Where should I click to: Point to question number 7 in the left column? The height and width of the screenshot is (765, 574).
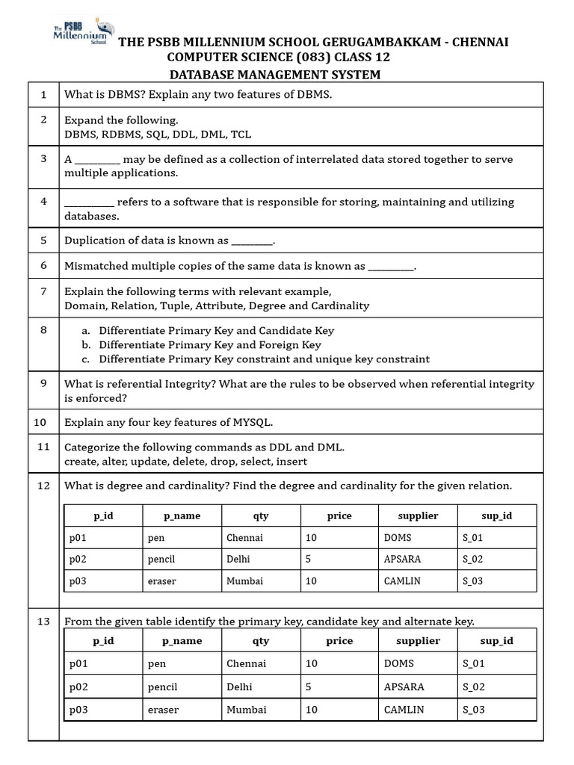point(43,291)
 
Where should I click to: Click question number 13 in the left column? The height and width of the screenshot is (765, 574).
point(43,622)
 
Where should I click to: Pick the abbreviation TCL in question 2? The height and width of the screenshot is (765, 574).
point(241,134)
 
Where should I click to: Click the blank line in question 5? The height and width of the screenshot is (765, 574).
point(253,241)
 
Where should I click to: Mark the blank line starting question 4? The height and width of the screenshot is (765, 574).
point(89,202)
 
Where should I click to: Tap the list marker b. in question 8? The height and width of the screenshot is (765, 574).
point(86,345)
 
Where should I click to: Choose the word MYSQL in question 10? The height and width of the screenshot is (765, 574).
point(251,423)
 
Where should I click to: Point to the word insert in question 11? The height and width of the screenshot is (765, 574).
point(291,462)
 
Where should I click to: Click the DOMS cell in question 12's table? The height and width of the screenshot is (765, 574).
point(397,538)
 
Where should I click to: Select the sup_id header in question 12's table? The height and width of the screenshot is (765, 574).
point(496,515)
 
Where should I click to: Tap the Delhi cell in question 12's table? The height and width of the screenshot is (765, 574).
point(239,560)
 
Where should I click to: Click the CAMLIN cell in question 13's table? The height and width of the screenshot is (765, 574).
point(404,710)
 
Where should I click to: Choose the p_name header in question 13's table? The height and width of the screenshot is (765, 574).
point(182,641)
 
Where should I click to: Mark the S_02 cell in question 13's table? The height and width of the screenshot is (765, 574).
point(474,687)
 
